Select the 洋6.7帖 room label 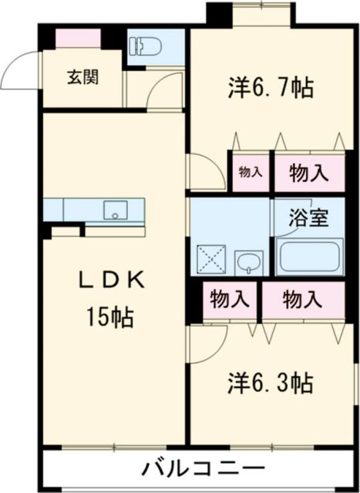tap(270, 88)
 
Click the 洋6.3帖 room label tap(270, 383)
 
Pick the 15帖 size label tap(111, 317)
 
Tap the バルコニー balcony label tap(204, 468)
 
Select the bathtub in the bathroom tap(310, 257)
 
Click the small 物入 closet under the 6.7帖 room tap(249, 173)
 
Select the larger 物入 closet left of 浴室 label tap(306, 173)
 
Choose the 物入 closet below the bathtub tap(301, 299)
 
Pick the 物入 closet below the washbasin tap(229, 299)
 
